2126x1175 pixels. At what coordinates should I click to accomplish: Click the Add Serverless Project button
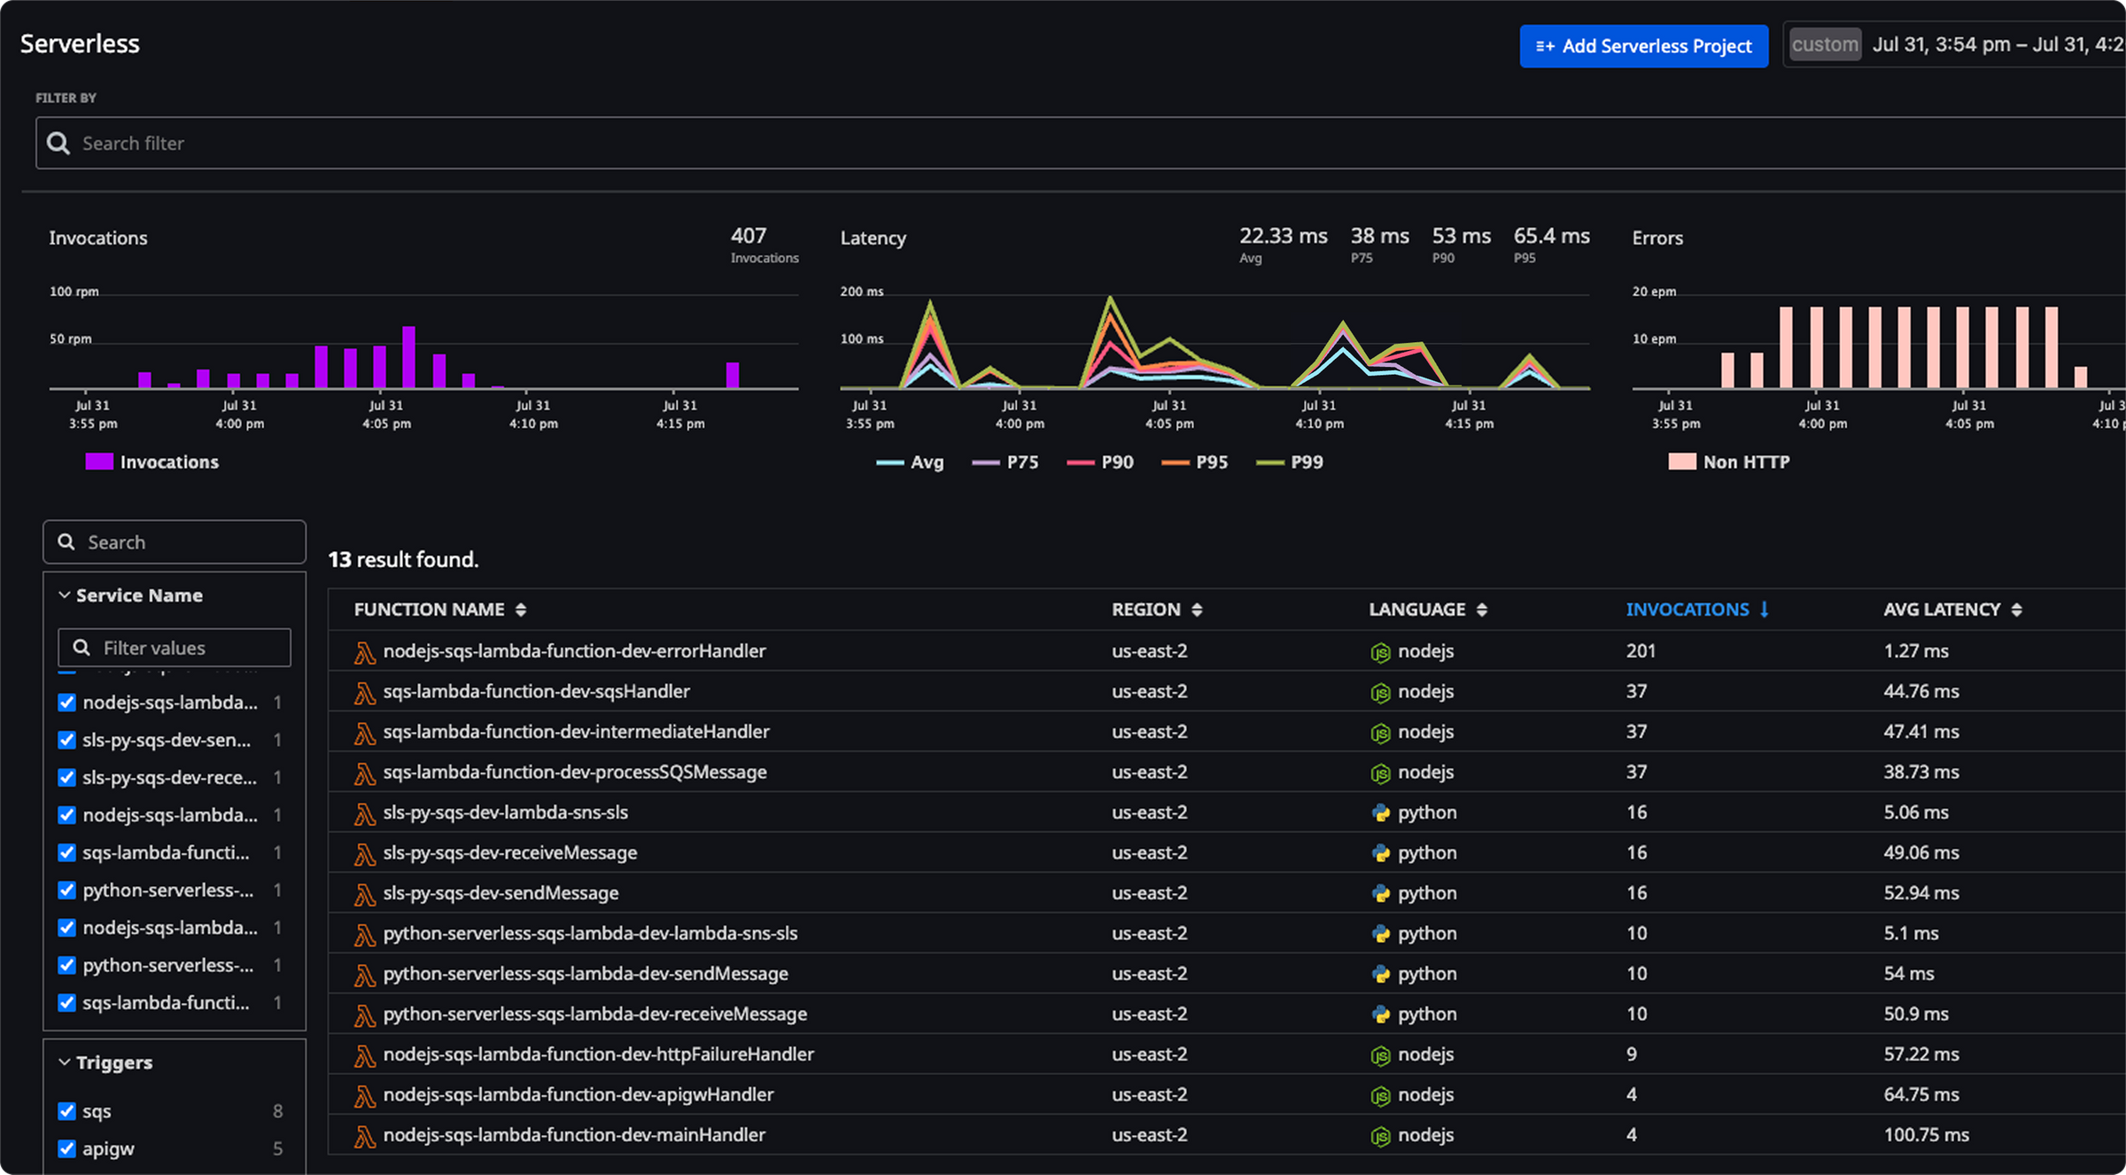[1643, 46]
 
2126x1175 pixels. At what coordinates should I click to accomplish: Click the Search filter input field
[1063, 143]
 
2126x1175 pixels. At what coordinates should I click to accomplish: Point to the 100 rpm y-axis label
[74, 292]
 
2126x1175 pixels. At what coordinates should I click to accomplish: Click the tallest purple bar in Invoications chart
[408, 356]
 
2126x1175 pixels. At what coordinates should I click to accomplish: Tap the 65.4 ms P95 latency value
[1551, 236]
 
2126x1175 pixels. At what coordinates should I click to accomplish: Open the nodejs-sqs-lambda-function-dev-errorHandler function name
[574, 651]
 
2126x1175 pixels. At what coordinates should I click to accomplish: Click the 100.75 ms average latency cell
[1926, 1135]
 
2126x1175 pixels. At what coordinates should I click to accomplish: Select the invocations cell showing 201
[1641, 651]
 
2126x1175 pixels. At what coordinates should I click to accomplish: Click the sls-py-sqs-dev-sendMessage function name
[500, 893]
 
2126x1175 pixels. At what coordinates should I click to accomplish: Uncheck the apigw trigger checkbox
[66, 1148]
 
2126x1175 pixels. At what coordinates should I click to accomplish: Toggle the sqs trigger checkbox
[66, 1111]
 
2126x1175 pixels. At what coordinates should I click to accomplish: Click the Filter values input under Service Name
[175, 648]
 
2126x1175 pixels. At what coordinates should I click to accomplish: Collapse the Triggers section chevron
[65, 1062]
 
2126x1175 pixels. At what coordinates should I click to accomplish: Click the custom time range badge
[1825, 44]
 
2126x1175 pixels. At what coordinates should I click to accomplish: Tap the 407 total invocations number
[749, 236]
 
